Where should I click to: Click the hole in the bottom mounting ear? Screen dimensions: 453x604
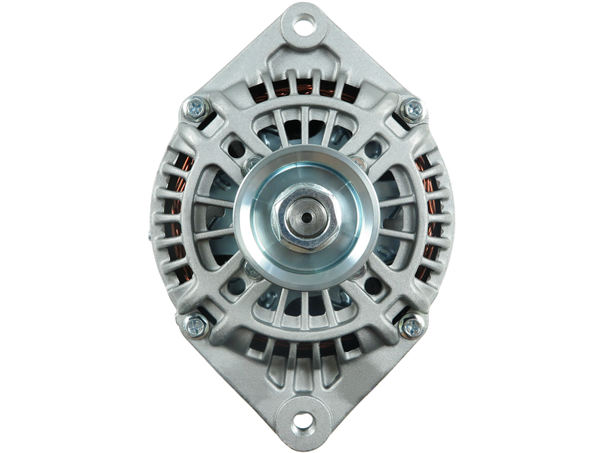pyautogui.click(x=302, y=420)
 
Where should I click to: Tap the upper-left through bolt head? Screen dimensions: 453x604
pyautogui.click(x=192, y=109)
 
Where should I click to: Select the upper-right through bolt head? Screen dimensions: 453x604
pyautogui.click(x=412, y=109)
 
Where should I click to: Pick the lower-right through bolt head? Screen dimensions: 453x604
pyautogui.click(x=412, y=326)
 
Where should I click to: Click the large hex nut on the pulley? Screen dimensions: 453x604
pyautogui.click(x=302, y=219)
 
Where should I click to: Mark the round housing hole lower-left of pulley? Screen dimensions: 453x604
pyautogui.click(x=239, y=285)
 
